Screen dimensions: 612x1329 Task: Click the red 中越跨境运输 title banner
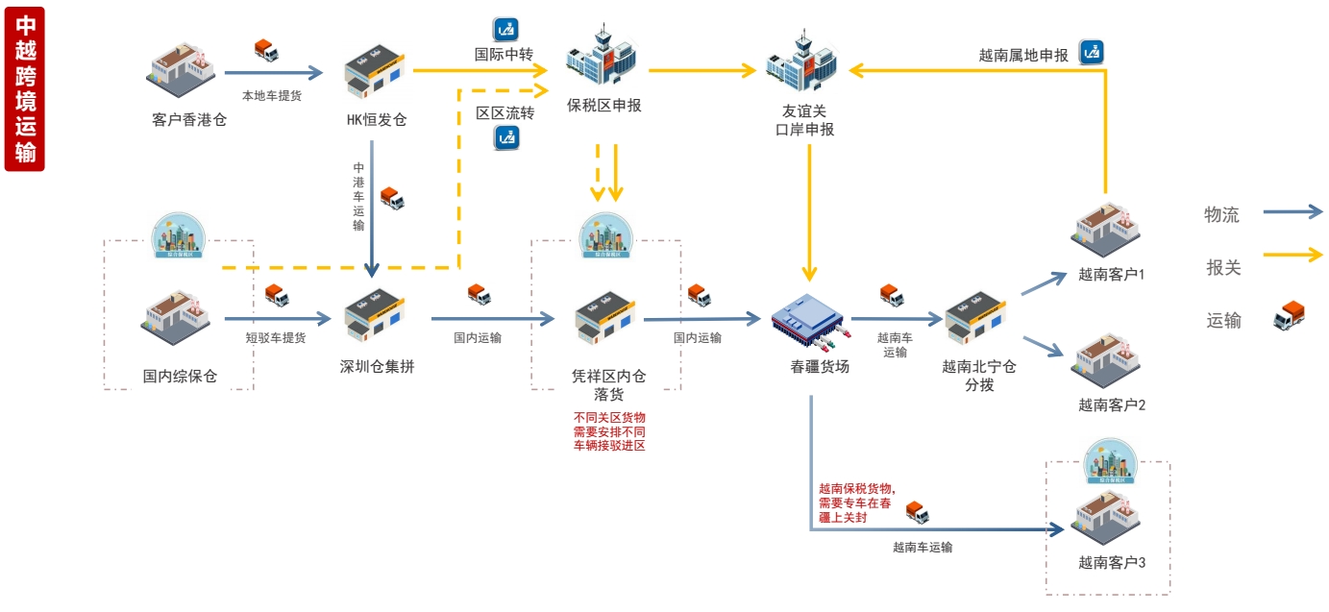point(24,88)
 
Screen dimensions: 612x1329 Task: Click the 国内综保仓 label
point(180,376)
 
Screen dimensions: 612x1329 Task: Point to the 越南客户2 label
point(1112,404)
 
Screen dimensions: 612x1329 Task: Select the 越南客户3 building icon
point(1107,519)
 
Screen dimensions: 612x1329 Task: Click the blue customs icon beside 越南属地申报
point(1091,52)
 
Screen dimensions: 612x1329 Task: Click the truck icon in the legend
point(1289,317)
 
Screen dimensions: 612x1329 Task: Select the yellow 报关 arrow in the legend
point(1292,256)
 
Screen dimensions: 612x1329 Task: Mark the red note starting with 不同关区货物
point(608,431)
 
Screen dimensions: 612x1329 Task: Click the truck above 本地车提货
point(266,51)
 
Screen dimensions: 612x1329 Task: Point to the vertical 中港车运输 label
point(358,196)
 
